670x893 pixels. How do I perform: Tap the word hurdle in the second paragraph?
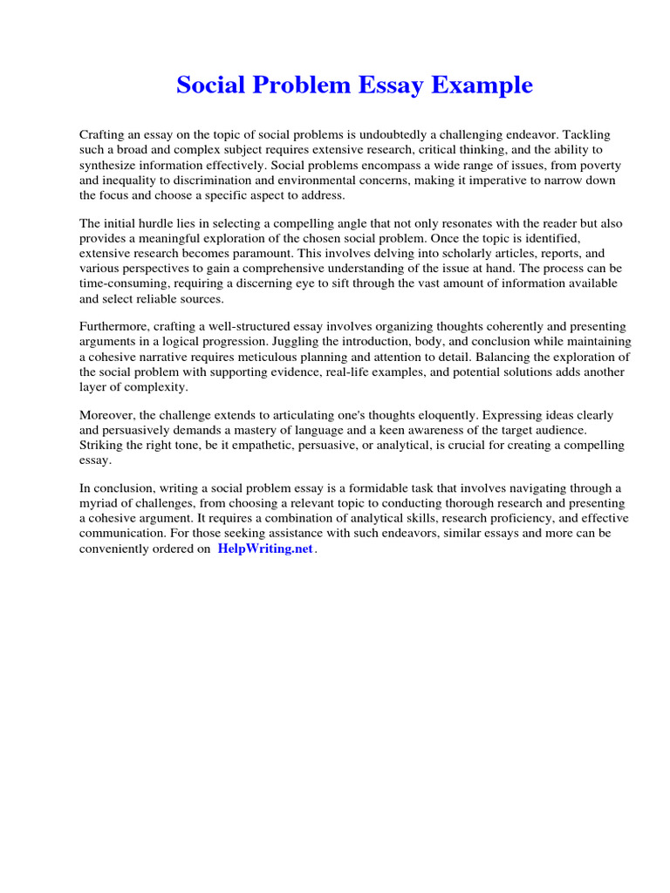169,224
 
